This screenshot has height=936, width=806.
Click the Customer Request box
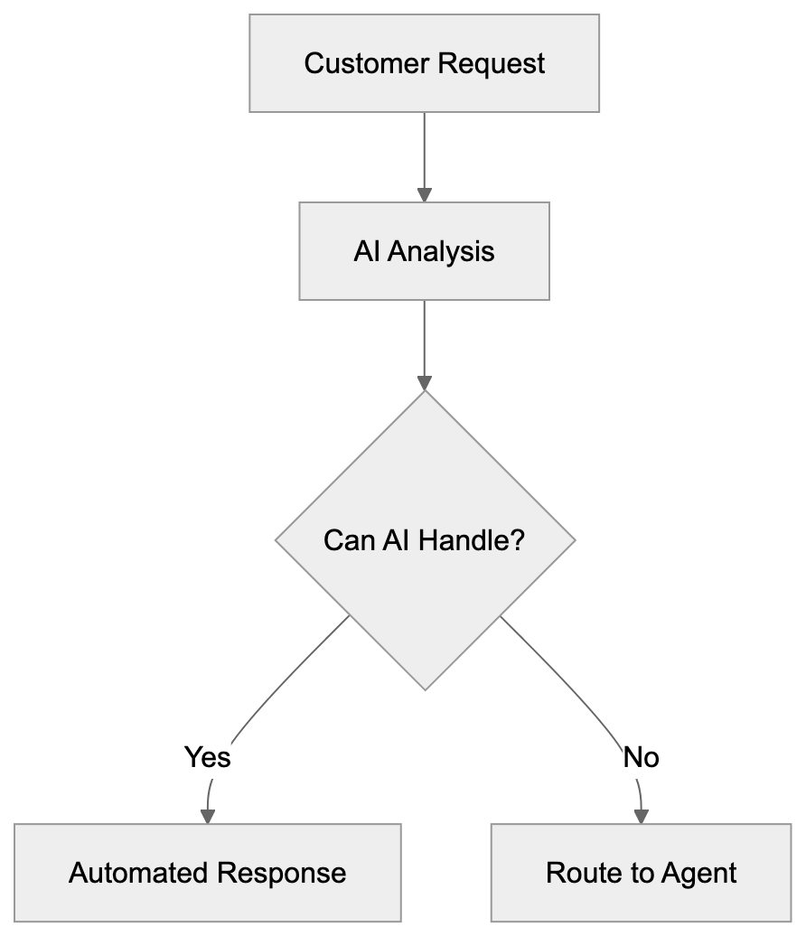coord(424,63)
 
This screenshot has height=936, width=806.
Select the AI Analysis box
coord(424,251)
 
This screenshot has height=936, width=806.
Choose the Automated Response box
coord(207,873)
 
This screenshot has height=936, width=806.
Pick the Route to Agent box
coord(641,873)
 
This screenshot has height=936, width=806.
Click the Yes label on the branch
coord(207,757)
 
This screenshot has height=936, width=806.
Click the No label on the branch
coord(641,757)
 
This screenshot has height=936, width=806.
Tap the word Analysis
coord(441,251)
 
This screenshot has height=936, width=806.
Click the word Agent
coord(699,874)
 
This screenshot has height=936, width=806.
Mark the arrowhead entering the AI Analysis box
coord(424,194)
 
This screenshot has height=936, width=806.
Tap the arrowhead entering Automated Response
coord(208,816)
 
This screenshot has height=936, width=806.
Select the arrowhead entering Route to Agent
coord(641,816)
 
